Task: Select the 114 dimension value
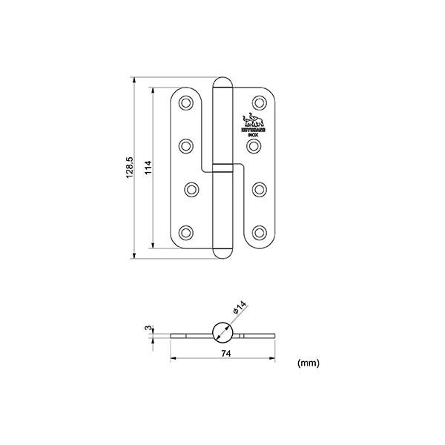[148, 168]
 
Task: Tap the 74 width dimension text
[224, 355]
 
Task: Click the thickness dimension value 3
[148, 327]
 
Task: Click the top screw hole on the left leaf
[185, 102]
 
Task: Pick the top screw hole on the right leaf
[259, 102]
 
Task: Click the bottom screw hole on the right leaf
[259, 232]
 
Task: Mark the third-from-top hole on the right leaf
[259, 189]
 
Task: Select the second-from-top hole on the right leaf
[254, 145]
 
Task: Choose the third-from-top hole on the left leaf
[191, 189]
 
